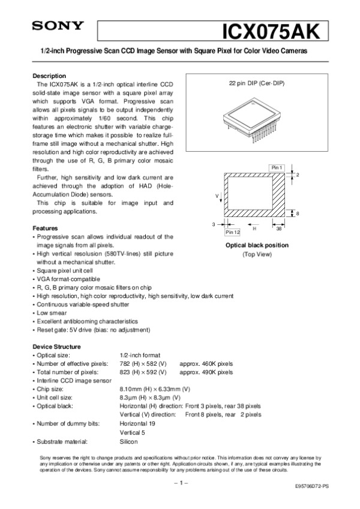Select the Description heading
pyautogui.click(x=49, y=76)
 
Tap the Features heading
pyautogui.click(x=45, y=228)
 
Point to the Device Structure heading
pyautogui.click(x=56, y=347)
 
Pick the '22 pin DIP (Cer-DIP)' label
pyautogui.click(x=257, y=83)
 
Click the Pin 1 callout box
pyautogui.click(x=277, y=166)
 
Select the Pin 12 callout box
pyautogui.click(x=232, y=231)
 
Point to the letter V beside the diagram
pyautogui.click(x=217, y=196)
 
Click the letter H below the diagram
pyautogui.click(x=254, y=228)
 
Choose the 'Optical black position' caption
pyautogui.click(x=257, y=245)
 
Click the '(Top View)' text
pyautogui.click(x=257, y=254)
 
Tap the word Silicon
pyautogui.click(x=129, y=441)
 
